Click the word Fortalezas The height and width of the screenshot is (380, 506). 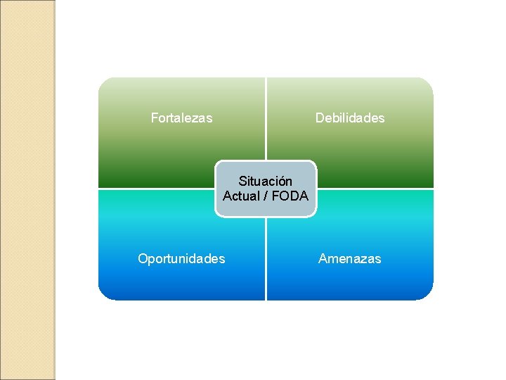(181, 118)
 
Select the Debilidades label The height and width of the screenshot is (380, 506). (349, 118)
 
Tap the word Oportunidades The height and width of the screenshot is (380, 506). (181, 259)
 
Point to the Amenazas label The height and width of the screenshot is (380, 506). (349, 259)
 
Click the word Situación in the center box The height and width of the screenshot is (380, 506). (265, 182)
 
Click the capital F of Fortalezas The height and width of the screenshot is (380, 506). (155, 118)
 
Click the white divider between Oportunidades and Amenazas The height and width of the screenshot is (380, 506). (266, 260)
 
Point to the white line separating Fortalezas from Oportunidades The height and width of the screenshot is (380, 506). (155, 189)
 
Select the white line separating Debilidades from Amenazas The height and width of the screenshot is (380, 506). (376, 189)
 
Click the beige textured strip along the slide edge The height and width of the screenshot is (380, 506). (27, 190)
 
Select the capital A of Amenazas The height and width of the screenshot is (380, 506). (323, 259)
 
